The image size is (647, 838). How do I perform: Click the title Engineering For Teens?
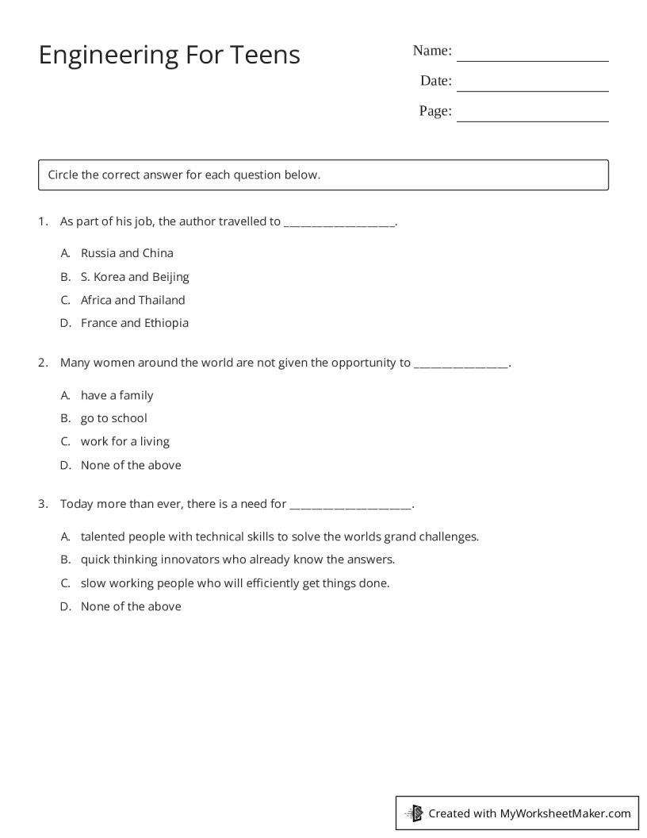[169, 55]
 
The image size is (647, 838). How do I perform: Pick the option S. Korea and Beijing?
[135, 277]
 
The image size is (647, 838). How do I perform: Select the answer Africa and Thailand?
[132, 300]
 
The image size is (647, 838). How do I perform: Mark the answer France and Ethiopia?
[134, 323]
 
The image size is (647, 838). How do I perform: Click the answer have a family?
[117, 395]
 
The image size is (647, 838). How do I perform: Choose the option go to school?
[113, 418]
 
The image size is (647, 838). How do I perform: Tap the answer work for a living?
[124, 441]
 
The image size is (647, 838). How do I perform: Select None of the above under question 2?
[131, 465]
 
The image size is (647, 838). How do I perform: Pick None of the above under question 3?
[131, 606]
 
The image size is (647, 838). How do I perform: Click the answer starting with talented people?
[279, 536]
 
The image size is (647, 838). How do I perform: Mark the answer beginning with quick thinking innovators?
[237, 559]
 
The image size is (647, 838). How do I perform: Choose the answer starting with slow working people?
[235, 583]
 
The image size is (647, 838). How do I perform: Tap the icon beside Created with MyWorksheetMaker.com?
[414, 813]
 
